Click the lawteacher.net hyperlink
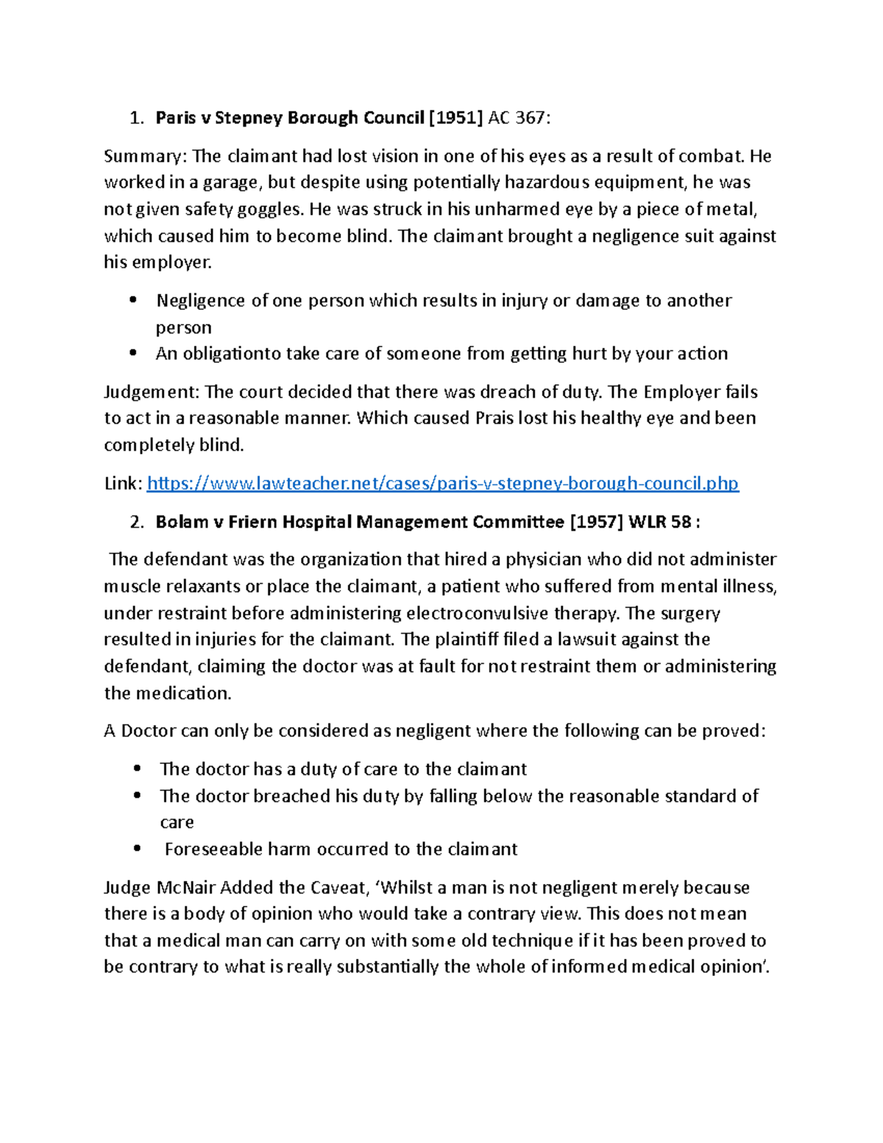point(442,484)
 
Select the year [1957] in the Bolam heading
point(597,522)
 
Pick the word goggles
point(269,209)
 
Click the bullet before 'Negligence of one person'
point(133,300)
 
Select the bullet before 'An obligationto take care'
point(133,353)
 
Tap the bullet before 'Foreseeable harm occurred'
point(137,849)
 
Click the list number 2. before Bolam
point(135,522)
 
